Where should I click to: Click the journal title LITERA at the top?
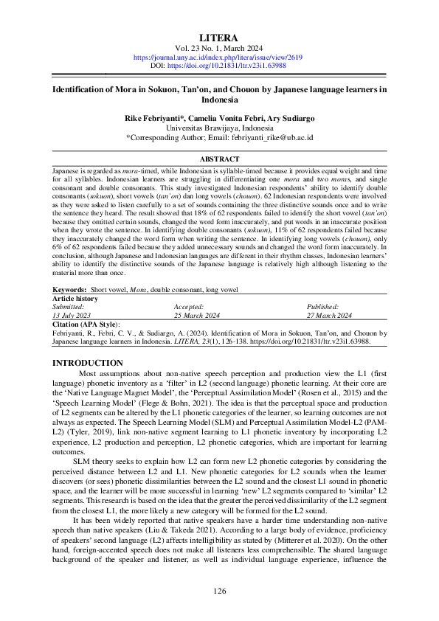(219, 37)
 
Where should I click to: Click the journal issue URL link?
(219, 57)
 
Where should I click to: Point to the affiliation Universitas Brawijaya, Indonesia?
(219, 128)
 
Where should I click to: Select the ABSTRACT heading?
(219, 159)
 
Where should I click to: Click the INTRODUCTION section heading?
(89, 363)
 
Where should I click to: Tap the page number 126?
(219, 591)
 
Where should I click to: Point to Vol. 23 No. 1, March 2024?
(219, 48)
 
